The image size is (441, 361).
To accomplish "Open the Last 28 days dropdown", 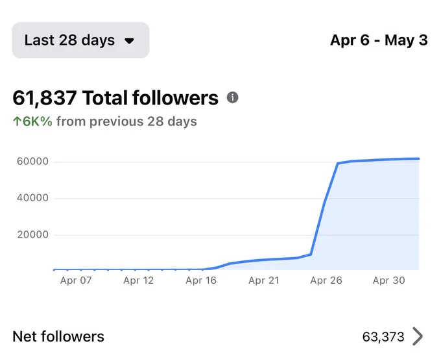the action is pyautogui.click(x=80, y=40).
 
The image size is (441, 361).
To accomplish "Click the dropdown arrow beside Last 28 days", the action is pyautogui.click(x=129, y=41).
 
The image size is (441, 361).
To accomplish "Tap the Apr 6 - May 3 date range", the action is pyautogui.click(x=379, y=40).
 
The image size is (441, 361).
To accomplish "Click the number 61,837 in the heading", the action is pyautogui.click(x=45, y=98).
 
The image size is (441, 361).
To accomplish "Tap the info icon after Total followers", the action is pyautogui.click(x=233, y=97).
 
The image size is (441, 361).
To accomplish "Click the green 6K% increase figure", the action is pyautogui.click(x=38, y=121).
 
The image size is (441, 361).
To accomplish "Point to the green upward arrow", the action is pyautogui.click(x=17, y=121).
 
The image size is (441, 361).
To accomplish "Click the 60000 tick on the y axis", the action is pyautogui.click(x=32, y=162).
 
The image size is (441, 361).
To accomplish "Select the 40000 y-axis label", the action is pyautogui.click(x=32, y=198).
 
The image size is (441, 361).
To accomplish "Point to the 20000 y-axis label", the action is pyautogui.click(x=33, y=234).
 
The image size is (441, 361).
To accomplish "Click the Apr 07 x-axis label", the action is pyautogui.click(x=76, y=280).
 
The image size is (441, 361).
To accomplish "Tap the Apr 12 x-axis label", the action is pyautogui.click(x=139, y=280).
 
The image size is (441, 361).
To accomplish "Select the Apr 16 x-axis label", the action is pyautogui.click(x=201, y=280).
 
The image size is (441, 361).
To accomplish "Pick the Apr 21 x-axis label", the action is pyautogui.click(x=264, y=280).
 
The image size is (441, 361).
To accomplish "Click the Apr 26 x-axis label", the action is pyautogui.click(x=326, y=280).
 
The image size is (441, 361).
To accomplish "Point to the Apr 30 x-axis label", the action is pyautogui.click(x=389, y=280).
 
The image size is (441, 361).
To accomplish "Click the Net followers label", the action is pyautogui.click(x=58, y=336).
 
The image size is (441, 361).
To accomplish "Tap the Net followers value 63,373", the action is pyautogui.click(x=383, y=337).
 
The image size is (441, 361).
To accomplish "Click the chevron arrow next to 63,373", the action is pyautogui.click(x=418, y=336).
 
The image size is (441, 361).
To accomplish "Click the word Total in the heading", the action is pyautogui.click(x=104, y=98).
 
